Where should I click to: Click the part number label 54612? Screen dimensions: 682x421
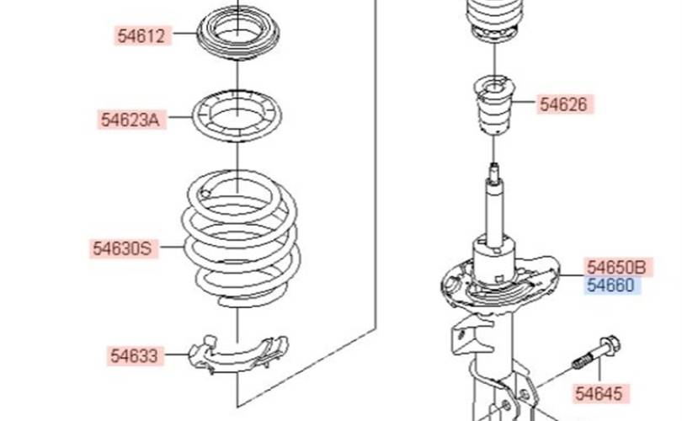click(141, 35)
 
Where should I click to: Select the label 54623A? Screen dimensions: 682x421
click(131, 120)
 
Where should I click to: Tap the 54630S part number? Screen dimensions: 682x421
click(123, 248)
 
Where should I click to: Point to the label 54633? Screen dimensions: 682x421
click(134, 356)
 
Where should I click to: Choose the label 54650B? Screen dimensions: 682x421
click(617, 267)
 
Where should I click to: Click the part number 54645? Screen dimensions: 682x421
click(599, 393)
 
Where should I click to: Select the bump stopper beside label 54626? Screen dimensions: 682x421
click(494, 104)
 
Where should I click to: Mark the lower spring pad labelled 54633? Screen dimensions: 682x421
click(238, 355)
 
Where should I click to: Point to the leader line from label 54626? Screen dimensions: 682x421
click(523, 102)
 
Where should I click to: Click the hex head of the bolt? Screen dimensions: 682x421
click(610, 344)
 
